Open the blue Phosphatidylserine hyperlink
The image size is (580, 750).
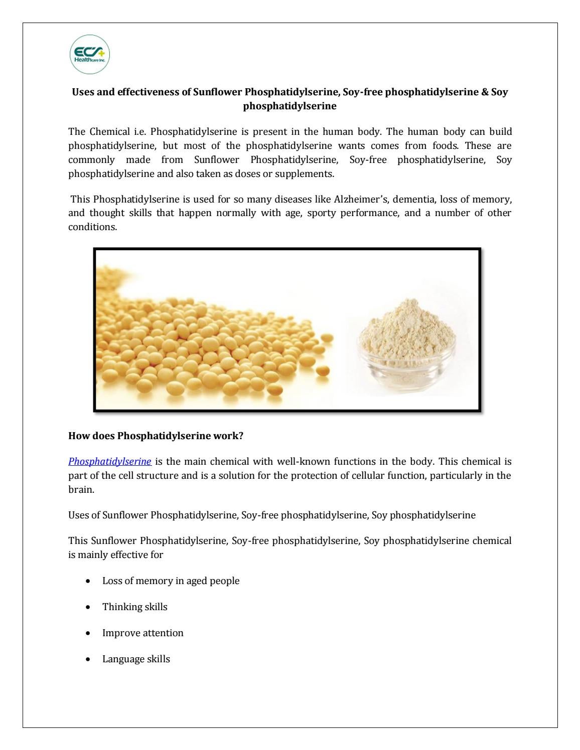[109, 461]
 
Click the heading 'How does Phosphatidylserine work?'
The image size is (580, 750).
[156, 436]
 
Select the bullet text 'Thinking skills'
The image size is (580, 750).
[134, 607]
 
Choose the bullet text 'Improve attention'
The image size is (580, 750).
[142, 633]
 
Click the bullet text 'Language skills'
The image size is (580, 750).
[136, 659]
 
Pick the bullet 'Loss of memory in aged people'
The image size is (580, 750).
[171, 581]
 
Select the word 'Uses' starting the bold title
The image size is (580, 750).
[83, 92]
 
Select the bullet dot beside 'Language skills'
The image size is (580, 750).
[88, 659]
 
